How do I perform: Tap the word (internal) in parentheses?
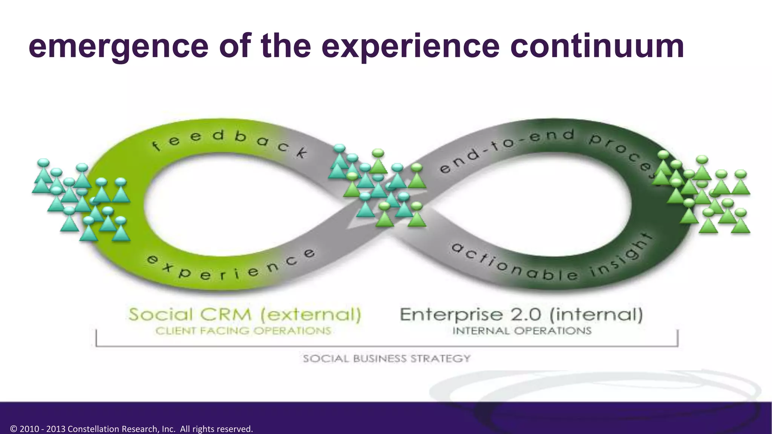click(596, 315)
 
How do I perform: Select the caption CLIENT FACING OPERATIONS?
click(243, 331)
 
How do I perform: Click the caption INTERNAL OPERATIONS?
click(522, 331)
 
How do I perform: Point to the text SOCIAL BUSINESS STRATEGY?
click(387, 358)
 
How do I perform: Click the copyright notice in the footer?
click(132, 429)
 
